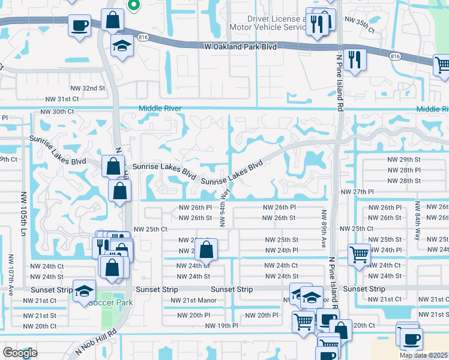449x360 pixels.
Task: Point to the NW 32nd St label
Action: [89, 88]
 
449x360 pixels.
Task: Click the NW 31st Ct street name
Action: [62, 98]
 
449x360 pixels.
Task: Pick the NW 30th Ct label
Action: [57, 112]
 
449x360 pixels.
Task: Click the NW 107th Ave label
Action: [11, 274]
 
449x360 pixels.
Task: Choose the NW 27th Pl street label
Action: [357, 191]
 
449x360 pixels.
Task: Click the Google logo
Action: [20, 353]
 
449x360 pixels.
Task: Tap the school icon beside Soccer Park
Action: [84, 290]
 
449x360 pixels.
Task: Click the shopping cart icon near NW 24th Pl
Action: [358, 254]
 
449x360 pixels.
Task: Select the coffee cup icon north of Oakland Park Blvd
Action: [79, 26]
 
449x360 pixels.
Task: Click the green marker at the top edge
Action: [134, 5]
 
